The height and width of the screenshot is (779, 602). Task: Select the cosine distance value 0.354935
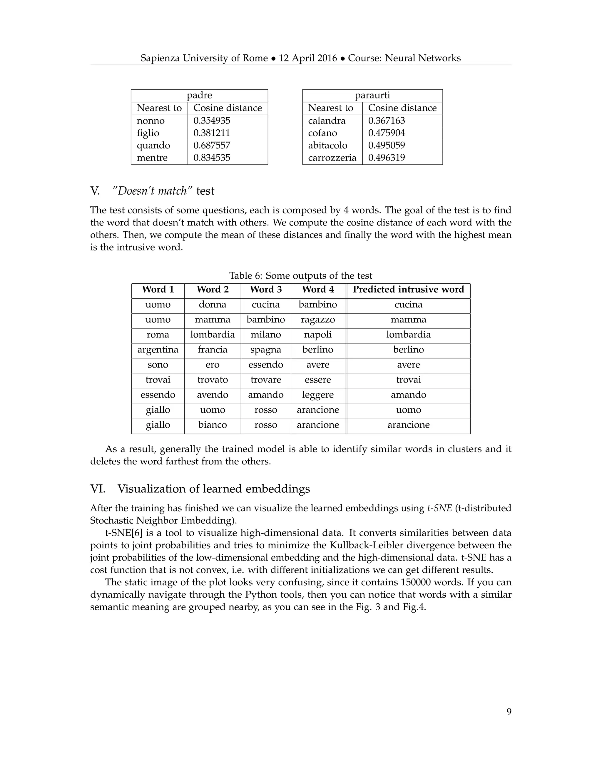tap(212, 121)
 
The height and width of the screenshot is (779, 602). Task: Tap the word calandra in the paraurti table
tap(327, 121)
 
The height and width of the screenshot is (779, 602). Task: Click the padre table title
tap(199, 95)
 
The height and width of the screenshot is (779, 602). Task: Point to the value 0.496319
tap(387, 158)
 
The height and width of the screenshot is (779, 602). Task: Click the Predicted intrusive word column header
tap(408, 289)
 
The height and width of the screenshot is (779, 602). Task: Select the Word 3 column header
tap(266, 289)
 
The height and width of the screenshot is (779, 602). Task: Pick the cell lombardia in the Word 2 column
tap(213, 335)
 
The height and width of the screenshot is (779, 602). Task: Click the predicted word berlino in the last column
tap(408, 350)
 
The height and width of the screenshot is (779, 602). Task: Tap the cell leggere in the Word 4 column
tap(318, 395)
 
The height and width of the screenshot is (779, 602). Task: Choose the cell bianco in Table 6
tap(213, 425)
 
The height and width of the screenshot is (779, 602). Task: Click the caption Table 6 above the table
tap(301, 276)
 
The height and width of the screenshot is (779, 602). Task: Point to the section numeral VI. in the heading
tap(98, 489)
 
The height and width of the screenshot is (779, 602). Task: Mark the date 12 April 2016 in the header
tap(308, 58)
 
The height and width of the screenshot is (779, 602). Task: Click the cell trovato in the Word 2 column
tap(213, 380)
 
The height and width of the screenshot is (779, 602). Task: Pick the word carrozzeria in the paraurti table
tap(332, 158)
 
